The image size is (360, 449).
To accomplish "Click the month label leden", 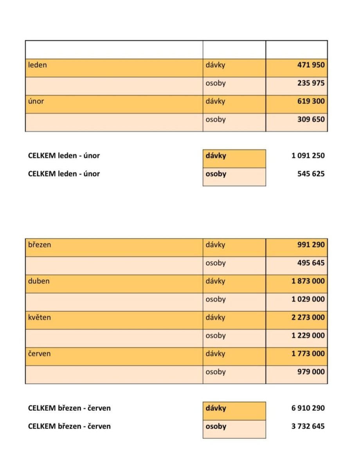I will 38,65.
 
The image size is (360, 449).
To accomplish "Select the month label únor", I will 36,101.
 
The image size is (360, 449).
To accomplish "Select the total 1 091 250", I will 308,155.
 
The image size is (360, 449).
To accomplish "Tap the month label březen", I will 40,245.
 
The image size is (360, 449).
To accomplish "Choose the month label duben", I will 39,281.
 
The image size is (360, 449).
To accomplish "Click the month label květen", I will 40,317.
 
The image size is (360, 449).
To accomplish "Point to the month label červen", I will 40,353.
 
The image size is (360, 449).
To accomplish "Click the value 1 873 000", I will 308,281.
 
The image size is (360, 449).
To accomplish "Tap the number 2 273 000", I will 308,317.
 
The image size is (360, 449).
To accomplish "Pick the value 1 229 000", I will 308,335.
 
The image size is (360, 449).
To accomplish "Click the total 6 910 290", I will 308,408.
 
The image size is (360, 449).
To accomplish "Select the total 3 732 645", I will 308,426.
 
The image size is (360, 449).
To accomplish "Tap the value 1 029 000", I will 308,299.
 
